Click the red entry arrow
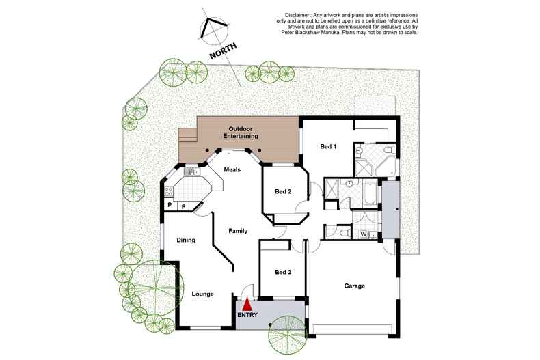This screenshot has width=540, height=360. coord(247,305)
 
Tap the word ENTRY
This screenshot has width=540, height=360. coord(247,315)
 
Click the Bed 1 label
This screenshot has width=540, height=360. coord(328,146)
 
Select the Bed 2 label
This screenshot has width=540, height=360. coord(283,191)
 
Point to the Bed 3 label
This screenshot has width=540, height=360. coord(283,272)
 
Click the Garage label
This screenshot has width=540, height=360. coord(354,286)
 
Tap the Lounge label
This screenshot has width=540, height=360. coord(202,294)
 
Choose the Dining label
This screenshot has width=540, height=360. coord(186,240)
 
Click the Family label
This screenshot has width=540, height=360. coord(238,232)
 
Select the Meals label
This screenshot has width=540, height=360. coord(232,169)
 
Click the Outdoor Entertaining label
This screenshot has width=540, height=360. coord(241,133)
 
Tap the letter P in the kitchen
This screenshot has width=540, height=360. coord(170,205)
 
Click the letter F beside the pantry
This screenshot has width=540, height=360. coord(183,206)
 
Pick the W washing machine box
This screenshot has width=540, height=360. coord(364,234)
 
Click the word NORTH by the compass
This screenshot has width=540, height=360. coord(223,51)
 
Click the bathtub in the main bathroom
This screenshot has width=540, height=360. coord(369,193)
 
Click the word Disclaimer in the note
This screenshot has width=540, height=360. coord(297,15)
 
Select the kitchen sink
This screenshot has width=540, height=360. coord(191,171)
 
